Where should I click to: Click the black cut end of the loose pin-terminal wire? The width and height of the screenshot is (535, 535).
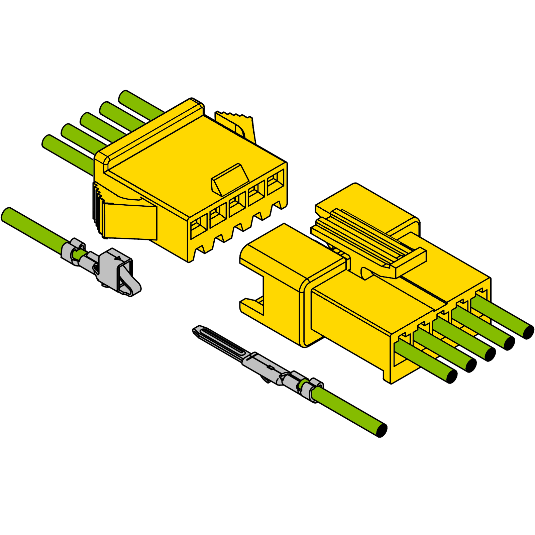(x=382, y=430)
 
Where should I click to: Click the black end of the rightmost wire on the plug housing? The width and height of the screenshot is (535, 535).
(x=528, y=332)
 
